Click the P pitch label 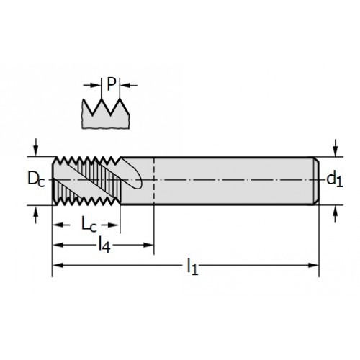coord(111,84)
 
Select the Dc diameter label coord(36,179)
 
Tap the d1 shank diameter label coord(334,179)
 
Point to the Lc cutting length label coord(89,225)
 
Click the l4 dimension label coord(104,246)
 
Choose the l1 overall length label coord(192,266)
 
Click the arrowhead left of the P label coord(95,85)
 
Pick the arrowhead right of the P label coord(125,85)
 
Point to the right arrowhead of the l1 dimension coord(312,265)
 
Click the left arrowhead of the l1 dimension coord(58,265)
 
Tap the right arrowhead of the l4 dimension coord(148,245)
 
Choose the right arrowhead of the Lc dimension coord(113,225)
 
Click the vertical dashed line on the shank coord(154,181)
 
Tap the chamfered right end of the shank coord(316,181)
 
